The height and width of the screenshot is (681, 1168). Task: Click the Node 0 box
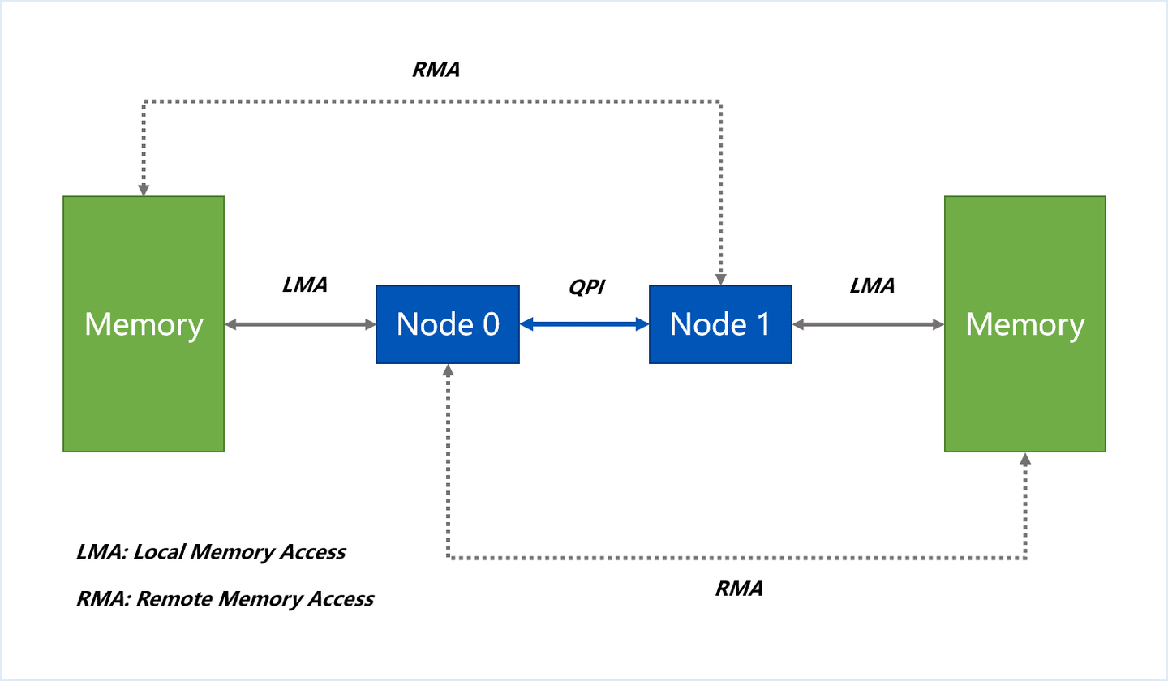[447, 324]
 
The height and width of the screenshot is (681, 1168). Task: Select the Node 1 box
[720, 324]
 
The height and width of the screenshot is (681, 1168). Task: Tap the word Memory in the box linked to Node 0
[144, 325]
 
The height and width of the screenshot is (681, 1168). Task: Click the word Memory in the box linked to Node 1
[1025, 325]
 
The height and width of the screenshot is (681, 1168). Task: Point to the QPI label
[586, 288]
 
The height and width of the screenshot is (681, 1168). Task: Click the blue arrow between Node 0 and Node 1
[584, 324]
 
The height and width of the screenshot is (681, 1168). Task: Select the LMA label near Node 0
[305, 285]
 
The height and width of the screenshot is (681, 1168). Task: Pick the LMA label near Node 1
[872, 285]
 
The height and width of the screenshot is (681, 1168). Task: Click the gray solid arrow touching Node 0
[300, 324]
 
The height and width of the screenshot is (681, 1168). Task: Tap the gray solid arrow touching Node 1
[869, 324]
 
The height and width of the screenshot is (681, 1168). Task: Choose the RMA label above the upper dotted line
[436, 70]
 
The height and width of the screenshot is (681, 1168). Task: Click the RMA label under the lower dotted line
[739, 589]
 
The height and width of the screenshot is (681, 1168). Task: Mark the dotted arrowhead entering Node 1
[720, 278]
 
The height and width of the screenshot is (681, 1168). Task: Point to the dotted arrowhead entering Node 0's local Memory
[144, 189]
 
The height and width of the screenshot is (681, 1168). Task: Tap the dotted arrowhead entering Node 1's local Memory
[1025, 459]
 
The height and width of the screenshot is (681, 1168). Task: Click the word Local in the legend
[161, 552]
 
